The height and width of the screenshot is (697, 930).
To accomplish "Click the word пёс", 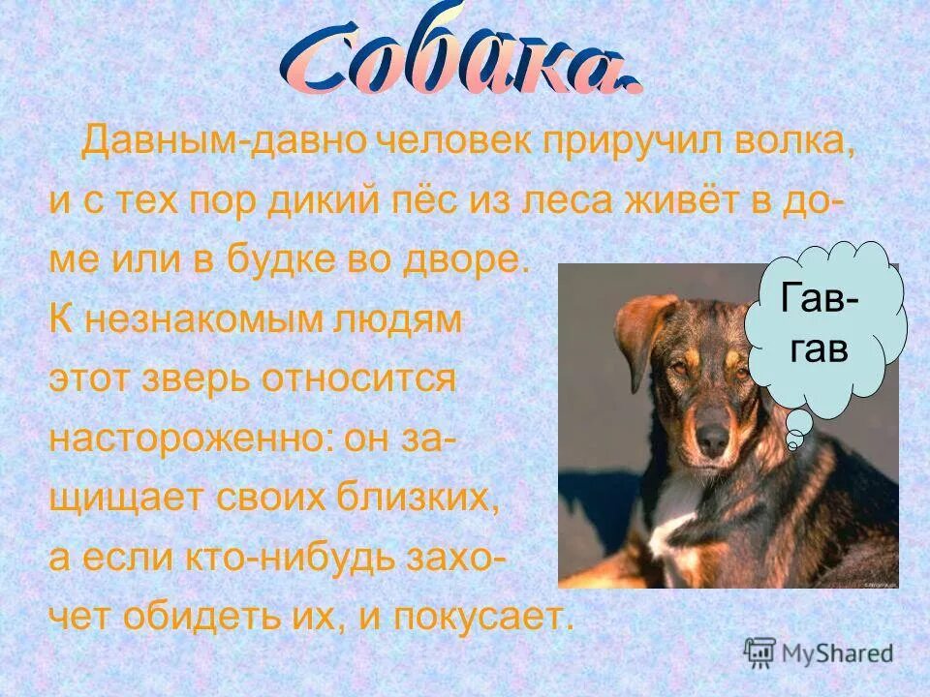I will point(425,201).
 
